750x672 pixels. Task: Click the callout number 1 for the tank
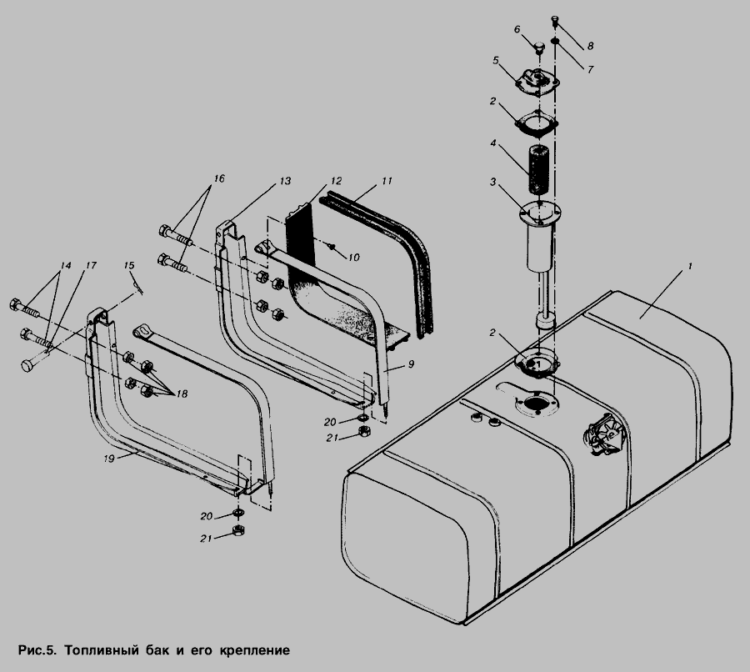tap(690, 266)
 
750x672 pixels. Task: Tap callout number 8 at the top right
tap(590, 46)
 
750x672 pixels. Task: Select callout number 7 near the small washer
tap(590, 69)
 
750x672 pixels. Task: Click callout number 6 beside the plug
tap(517, 30)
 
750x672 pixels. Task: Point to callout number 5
tap(496, 60)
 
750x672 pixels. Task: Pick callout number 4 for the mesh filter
tap(492, 143)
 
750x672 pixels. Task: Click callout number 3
tap(492, 182)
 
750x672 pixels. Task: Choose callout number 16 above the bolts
tap(218, 178)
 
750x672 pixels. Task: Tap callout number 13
tap(285, 181)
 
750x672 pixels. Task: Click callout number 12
tap(337, 181)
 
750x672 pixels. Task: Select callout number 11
tap(387, 181)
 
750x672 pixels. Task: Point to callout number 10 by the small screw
tap(353, 258)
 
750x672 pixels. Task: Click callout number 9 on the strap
tap(411, 364)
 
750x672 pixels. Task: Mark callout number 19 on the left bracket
tap(109, 459)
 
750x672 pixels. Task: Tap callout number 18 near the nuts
tap(182, 394)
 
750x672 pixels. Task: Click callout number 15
tap(129, 266)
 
